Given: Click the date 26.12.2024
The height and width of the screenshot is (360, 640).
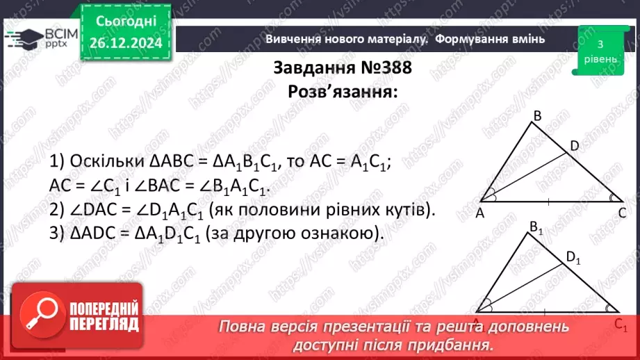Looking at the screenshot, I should point(126,43).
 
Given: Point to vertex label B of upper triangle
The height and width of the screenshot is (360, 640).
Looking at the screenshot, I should point(536,115).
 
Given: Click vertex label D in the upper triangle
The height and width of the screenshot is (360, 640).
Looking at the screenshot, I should point(574,145).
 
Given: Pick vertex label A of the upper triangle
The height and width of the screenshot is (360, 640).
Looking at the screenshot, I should point(479,214).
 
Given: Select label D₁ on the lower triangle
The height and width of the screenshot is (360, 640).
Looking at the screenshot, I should point(573,258).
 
